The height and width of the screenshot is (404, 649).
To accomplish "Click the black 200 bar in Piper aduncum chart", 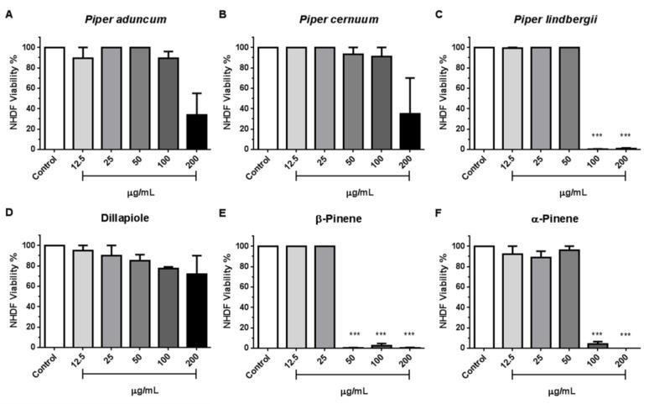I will pyautogui.click(x=196, y=132).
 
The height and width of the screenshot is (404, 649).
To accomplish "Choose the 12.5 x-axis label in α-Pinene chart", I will pyautogui.click(x=510, y=365).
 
